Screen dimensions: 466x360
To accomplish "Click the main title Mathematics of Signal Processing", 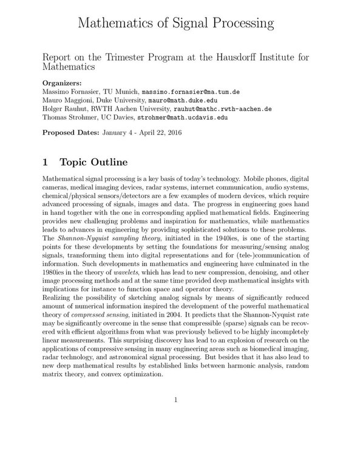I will [x=180, y=24].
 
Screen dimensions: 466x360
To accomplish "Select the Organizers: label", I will [x=65, y=82].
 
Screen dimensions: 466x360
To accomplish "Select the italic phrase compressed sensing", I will [x=100, y=348].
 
